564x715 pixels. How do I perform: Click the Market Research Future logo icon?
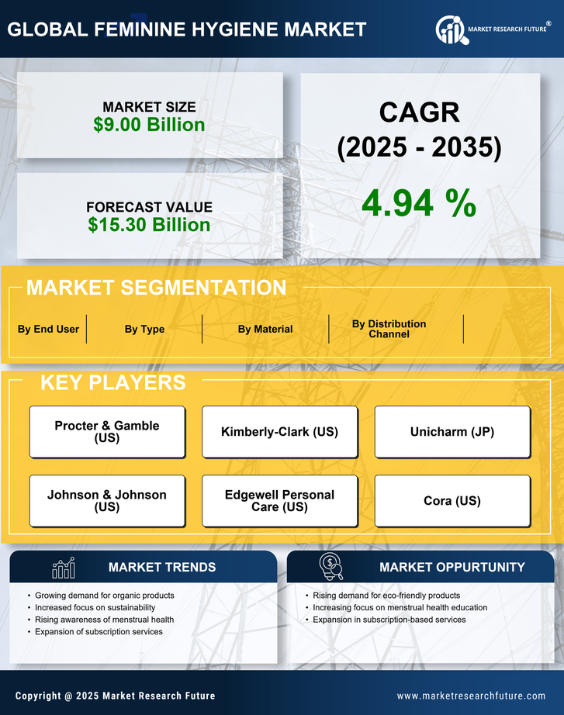point(451,29)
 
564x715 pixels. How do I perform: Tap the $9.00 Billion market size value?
point(149,125)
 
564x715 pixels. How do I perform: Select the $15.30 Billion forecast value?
point(149,225)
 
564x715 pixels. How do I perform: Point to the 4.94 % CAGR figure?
point(419,203)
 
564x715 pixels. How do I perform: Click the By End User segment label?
point(48,329)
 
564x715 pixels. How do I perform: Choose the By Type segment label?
point(144,329)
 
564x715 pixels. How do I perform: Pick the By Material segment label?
point(265,329)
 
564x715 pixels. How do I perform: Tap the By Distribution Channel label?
point(389,329)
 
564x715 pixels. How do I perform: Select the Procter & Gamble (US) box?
point(107,432)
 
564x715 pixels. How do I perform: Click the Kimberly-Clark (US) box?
point(279,432)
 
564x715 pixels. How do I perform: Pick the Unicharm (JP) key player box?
point(452,432)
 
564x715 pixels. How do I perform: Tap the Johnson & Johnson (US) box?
point(107,501)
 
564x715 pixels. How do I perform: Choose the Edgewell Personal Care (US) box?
point(279,501)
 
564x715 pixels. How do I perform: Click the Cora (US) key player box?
point(452,501)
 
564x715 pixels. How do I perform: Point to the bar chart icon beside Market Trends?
point(64,568)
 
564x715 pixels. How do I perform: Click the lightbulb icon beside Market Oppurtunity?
point(331,567)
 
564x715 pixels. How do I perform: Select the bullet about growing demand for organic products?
point(105,596)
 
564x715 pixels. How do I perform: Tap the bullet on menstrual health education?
point(400,607)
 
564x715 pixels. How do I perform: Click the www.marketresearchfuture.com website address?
point(471,696)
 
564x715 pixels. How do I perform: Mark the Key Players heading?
point(112,382)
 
